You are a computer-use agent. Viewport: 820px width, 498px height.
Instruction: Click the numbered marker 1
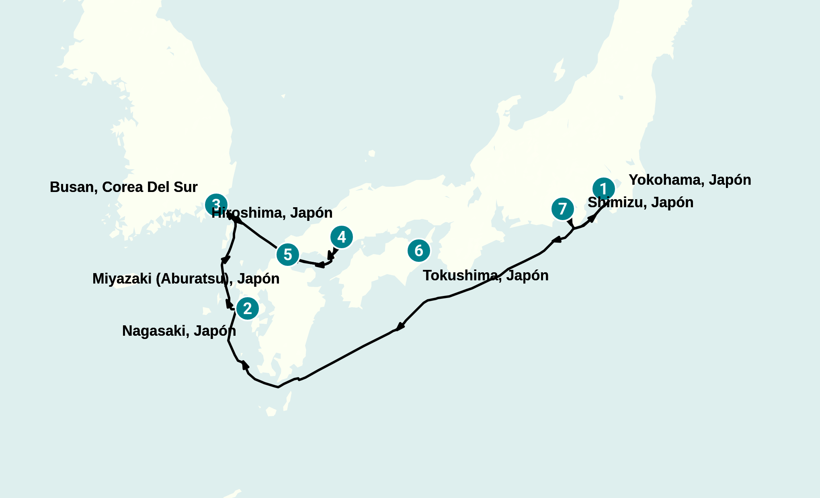pyautogui.click(x=603, y=188)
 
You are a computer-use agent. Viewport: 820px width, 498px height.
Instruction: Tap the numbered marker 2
pyautogui.click(x=247, y=308)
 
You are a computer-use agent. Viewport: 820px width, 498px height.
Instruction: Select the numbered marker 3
pyautogui.click(x=216, y=204)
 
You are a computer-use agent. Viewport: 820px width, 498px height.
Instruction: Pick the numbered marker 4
pyautogui.click(x=341, y=237)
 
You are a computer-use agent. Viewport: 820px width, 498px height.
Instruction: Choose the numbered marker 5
pyautogui.click(x=287, y=255)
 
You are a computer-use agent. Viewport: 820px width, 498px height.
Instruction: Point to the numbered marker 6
pyautogui.click(x=418, y=250)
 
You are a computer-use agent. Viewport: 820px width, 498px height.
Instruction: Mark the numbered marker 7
pyautogui.click(x=562, y=208)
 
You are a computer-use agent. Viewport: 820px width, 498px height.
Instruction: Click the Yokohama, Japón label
pyautogui.click(x=690, y=180)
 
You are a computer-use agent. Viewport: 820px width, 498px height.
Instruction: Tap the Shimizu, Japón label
pyautogui.click(x=640, y=202)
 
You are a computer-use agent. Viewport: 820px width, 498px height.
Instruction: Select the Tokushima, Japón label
pyautogui.click(x=486, y=276)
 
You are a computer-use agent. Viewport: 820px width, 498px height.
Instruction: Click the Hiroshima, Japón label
pyautogui.click(x=272, y=213)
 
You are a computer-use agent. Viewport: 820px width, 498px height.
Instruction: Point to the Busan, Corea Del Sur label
pyautogui.click(x=123, y=187)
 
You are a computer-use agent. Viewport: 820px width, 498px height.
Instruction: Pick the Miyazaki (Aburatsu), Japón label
pyautogui.click(x=186, y=279)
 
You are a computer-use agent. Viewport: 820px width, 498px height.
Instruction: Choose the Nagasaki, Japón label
pyautogui.click(x=179, y=331)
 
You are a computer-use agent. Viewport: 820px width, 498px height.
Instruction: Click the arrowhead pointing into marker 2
pyautogui.click(x=229, y=304)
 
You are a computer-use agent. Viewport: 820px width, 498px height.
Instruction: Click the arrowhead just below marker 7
pyautogui.click(x=570, y=223)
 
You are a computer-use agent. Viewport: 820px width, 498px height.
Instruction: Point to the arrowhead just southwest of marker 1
pyautogui.click(x=592, y=218)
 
